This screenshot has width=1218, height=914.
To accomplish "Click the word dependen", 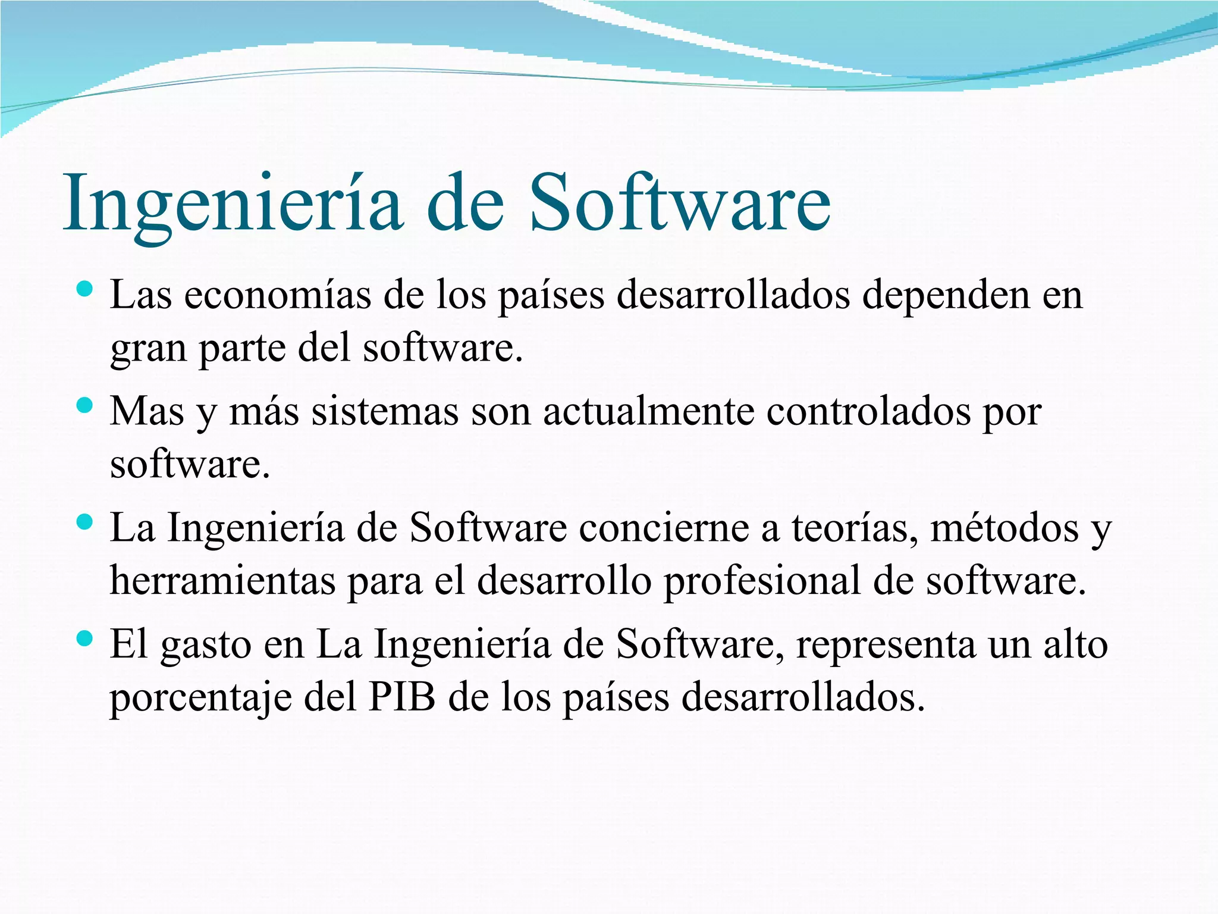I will coord(946,295).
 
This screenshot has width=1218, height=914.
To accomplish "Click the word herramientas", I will coord(222,581).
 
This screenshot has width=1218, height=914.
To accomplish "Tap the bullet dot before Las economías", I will coord(85,290).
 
